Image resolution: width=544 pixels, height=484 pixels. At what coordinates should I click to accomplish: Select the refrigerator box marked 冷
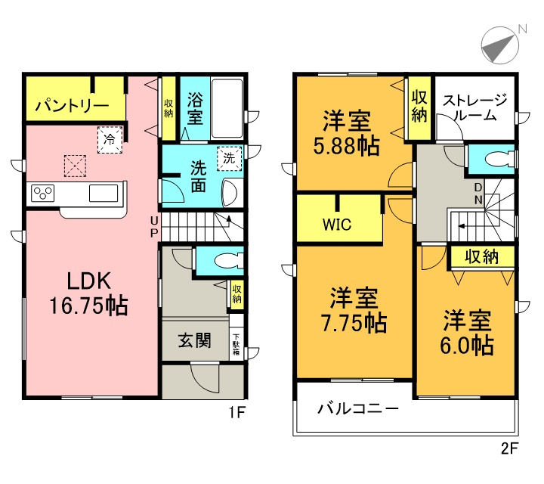point(110,139)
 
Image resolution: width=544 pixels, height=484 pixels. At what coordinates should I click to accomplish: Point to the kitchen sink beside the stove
point(103,194)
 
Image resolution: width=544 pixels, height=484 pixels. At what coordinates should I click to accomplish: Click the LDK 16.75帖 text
point(89,293)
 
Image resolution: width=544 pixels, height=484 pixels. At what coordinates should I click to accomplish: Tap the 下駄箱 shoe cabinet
point(236,345)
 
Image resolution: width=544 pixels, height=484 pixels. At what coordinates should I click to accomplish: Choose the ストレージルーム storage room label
point(474,107)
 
